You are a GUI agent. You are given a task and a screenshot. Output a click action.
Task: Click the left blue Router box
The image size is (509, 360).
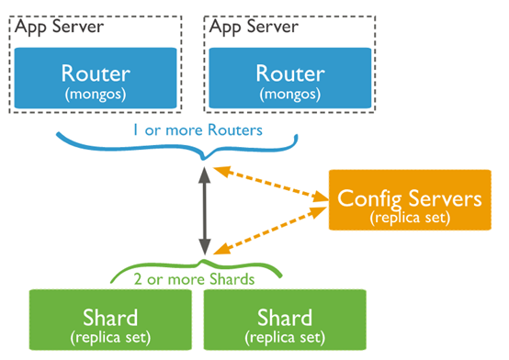[96, 78]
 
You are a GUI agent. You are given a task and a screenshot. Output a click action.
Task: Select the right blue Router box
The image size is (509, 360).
[290, 78]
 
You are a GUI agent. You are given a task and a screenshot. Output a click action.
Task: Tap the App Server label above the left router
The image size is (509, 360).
[59, 27]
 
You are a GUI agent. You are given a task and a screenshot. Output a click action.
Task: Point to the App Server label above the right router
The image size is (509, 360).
[254, 27]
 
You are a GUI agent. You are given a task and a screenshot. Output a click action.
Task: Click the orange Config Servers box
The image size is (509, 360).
[410, 199]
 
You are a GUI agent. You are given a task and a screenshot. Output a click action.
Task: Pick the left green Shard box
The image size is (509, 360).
[110, 320]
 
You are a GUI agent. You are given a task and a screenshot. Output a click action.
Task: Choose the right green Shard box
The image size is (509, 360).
[285, 320]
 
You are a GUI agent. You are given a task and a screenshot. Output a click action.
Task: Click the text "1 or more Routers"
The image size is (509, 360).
[198, 129]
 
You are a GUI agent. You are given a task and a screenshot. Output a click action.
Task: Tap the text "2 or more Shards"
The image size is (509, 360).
[194, 279]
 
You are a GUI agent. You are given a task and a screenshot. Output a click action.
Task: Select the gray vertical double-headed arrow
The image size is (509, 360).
[205, 211]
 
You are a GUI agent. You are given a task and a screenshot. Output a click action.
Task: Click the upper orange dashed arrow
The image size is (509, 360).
[271, 184]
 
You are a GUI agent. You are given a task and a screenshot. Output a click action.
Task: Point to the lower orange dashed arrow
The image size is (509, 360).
[270, 231]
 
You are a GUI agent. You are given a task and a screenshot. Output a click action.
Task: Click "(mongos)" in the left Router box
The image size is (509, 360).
[96, 95]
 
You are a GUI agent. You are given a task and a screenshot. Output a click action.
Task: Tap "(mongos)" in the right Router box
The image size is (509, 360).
[290, 95]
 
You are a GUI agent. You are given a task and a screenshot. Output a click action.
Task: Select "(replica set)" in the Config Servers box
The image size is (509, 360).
[410, 218]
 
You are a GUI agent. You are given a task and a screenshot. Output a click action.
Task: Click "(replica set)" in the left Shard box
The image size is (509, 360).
[110, 337]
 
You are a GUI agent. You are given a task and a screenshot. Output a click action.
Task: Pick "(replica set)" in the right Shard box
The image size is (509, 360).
[285, 337]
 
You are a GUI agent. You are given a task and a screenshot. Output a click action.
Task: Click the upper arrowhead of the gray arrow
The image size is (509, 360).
[205, 175]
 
